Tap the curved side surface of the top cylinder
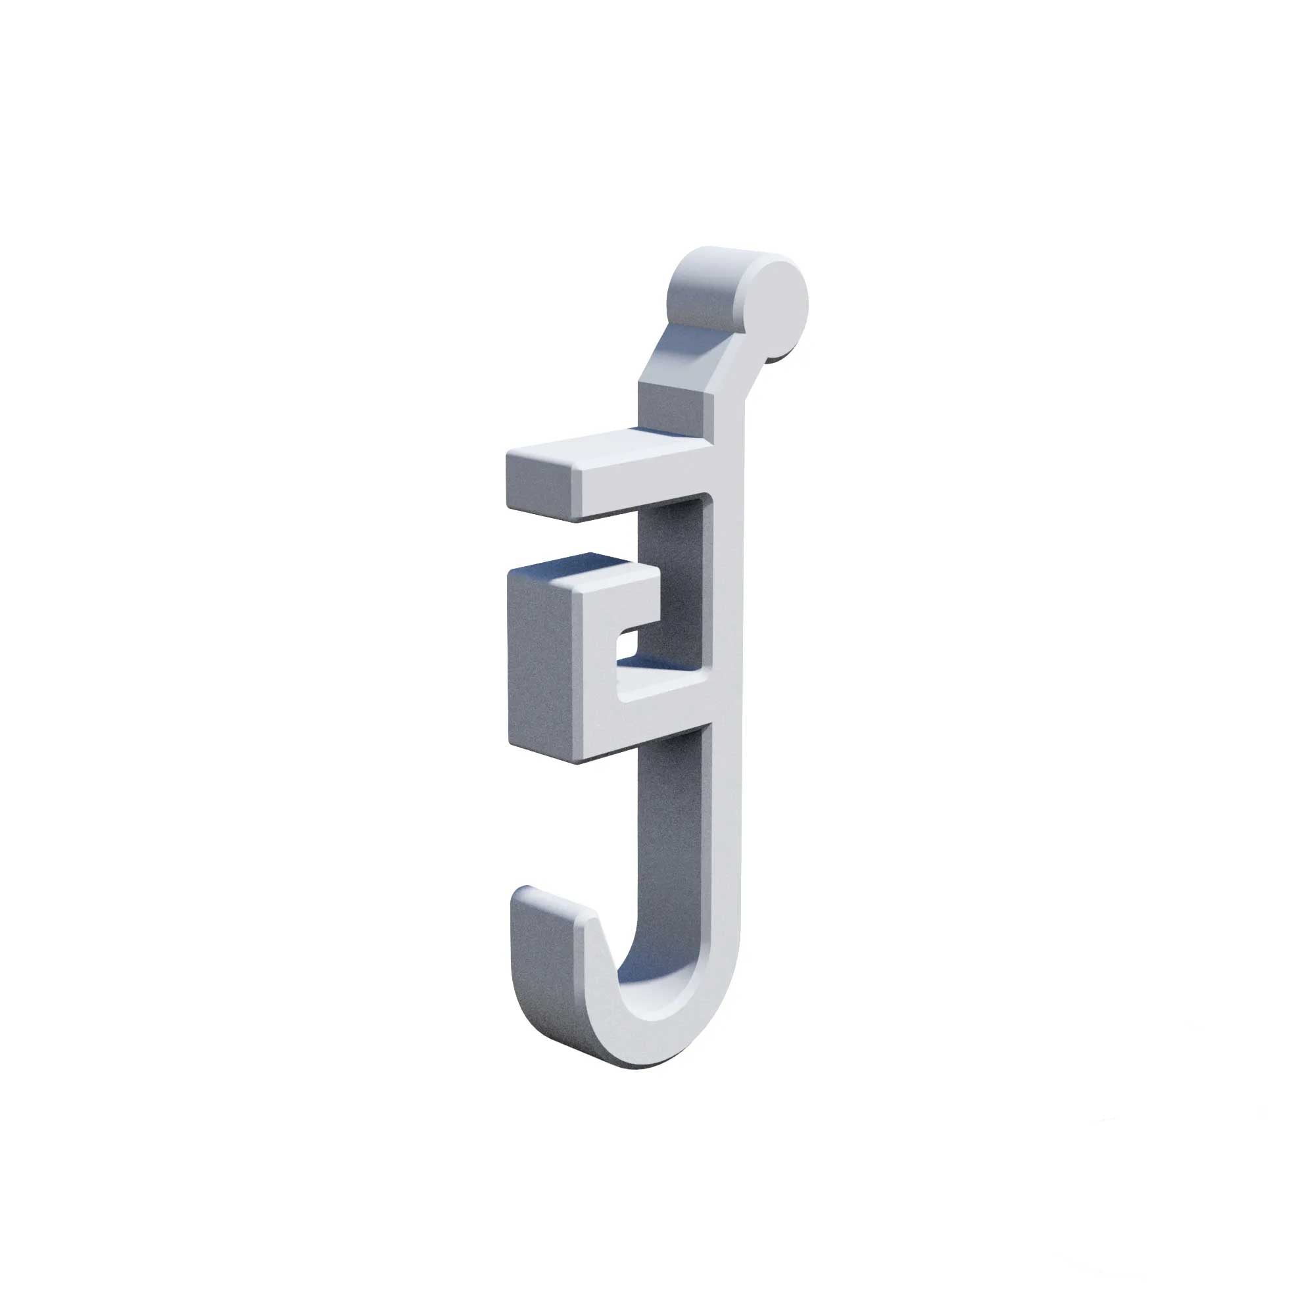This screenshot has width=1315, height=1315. coord(708,286)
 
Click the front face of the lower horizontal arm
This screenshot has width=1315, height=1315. coord(654,715)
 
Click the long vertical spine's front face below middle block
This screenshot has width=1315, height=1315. coord(725,851)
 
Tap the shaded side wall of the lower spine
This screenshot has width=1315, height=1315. coord(671,851)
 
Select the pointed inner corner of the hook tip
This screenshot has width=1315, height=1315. coord(596,926)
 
